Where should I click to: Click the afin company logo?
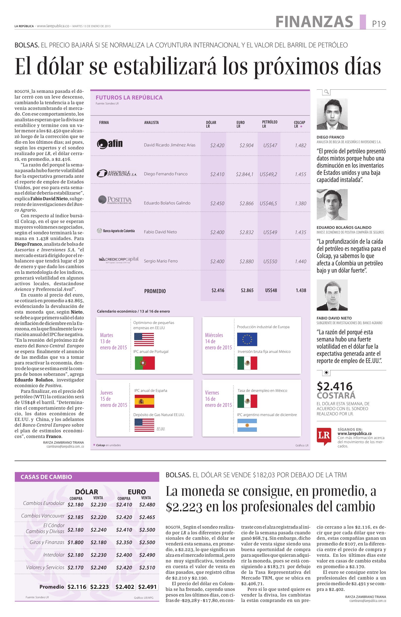(x=110, y=144)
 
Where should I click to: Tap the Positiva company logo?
(x=115, y=200)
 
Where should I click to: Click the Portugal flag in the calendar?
(x=145, y=363)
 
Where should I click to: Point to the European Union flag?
(x=247, y=339)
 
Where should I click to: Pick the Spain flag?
(x=144, y=401)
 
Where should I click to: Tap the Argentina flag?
(x=247, y=425)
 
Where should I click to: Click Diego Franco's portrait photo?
(x=332, y=114)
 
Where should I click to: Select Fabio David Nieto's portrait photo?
(x=332, y=295)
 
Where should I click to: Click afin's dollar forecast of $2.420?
(x=217, y=145)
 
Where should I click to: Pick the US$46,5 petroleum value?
(x=268, y=203)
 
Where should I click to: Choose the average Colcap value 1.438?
(x=301, y=290)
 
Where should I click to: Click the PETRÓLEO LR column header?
(x=269, y=124)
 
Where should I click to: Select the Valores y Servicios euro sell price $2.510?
(x=147, y=567)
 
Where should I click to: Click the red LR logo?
(x=324, y=436)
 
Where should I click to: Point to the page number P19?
(x=379, y=24)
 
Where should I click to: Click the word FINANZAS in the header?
(x=314, y=22)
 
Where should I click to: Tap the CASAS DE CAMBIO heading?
(x=46, y=477)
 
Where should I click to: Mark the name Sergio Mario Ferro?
(x=161, y=261)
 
